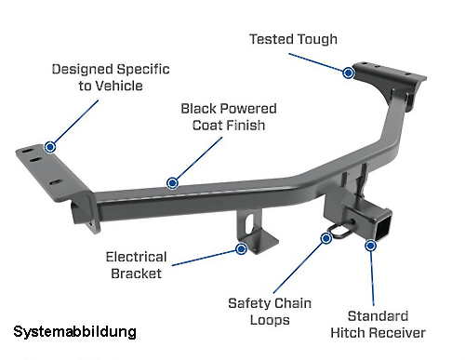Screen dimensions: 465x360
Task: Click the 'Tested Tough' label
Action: pos(293,39)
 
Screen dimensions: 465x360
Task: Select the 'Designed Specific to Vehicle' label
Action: pos(111,77)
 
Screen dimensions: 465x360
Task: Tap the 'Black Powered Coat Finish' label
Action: pos(229,117)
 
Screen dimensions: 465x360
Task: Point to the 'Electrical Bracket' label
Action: pos(137,265)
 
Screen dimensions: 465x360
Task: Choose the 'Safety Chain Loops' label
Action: pos(270,312)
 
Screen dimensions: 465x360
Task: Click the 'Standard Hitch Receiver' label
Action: pos(378,325)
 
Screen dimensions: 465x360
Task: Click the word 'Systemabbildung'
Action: pos(74,331)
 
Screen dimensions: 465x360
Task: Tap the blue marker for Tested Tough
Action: pos(349,73)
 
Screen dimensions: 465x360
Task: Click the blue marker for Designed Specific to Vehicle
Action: pos(50,147)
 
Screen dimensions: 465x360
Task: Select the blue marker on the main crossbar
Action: pos(172,183)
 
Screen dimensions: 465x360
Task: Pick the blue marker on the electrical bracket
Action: pos(241,248)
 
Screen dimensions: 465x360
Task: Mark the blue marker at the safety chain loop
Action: pos(326,238)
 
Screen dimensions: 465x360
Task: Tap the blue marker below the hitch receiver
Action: pos(370,246)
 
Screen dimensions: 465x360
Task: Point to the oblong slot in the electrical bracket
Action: pos(248,224)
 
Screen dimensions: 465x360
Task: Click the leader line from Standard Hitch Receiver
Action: pos(372,278)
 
